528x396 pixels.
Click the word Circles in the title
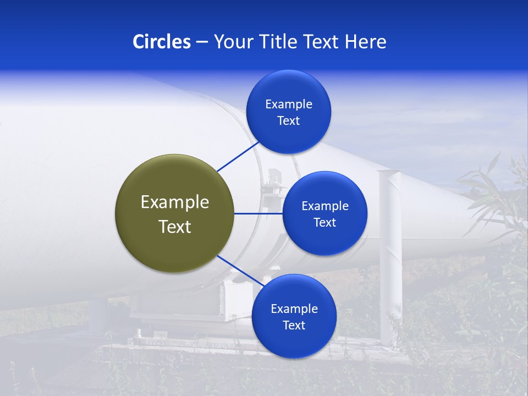(x=161, y=42)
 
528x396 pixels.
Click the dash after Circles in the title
(x=202, y=42)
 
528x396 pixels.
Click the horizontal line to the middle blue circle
(x=258, y=213)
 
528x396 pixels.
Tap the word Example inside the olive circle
(x=175, y=202)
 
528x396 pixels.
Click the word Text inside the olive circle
(x=175, y=227)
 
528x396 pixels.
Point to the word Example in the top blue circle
(x=289, y=105)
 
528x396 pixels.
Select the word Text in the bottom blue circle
(x=294, y=325)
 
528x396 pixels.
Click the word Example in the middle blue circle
(x=325, y=206)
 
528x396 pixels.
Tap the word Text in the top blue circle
(x=289, y=121)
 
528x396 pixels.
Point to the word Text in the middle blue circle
(x=324, y=223)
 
